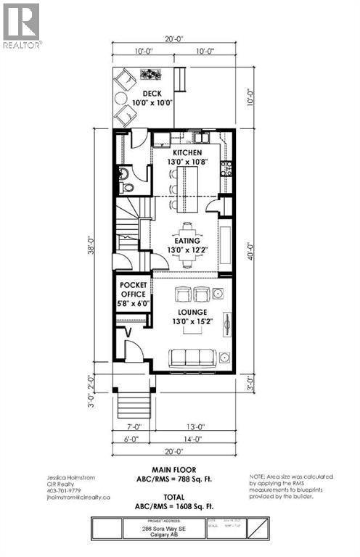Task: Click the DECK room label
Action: pos(152,94)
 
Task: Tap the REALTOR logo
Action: pos(22,25)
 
